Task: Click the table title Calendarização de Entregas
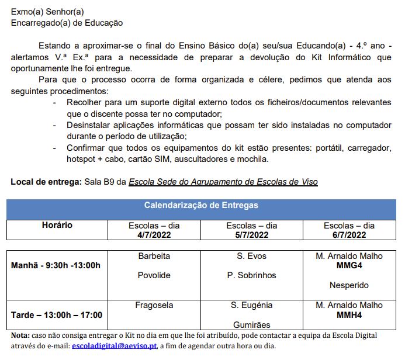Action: tap(201, 206)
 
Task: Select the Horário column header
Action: tap(57, 225)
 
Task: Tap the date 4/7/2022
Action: tap(154, 235)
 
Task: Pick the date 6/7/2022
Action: tap(349, 235)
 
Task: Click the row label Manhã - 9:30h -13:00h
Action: tap(56, 265)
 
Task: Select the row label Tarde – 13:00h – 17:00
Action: tap(57, 315)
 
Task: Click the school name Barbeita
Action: tap(154, 256)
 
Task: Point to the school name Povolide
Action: tap(154, 275)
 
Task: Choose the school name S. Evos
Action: tap(251, 256)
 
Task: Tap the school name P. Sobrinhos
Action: tap(251, 275)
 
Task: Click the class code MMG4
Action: tap(349, 265)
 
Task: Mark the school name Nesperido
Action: tap(349, 286)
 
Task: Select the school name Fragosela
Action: tap(154, 305)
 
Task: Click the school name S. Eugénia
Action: tap(251, 305)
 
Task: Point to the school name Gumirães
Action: tap(251, 325)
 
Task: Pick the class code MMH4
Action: tap(349, 315)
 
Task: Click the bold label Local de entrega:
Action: tap(46, 182)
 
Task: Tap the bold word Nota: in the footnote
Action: tap(22, 335)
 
